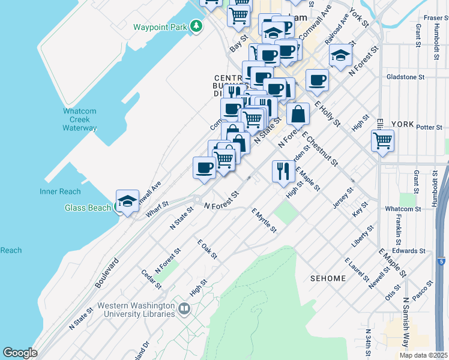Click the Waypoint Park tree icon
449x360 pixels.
(x=196, y=26)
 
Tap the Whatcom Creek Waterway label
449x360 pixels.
(x=80, y=119)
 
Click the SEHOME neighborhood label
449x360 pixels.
(x=328, y=278)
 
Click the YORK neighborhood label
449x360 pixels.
(x=402, y=124)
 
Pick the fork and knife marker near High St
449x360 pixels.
(x=281, y=172)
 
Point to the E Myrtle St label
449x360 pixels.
(x=264, y=220)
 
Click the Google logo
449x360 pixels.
(x=20, y=353)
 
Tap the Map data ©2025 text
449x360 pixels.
(x=423, y=355)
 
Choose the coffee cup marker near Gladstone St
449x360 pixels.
(x=317, y=80)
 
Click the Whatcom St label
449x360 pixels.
(x=402, y=209)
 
